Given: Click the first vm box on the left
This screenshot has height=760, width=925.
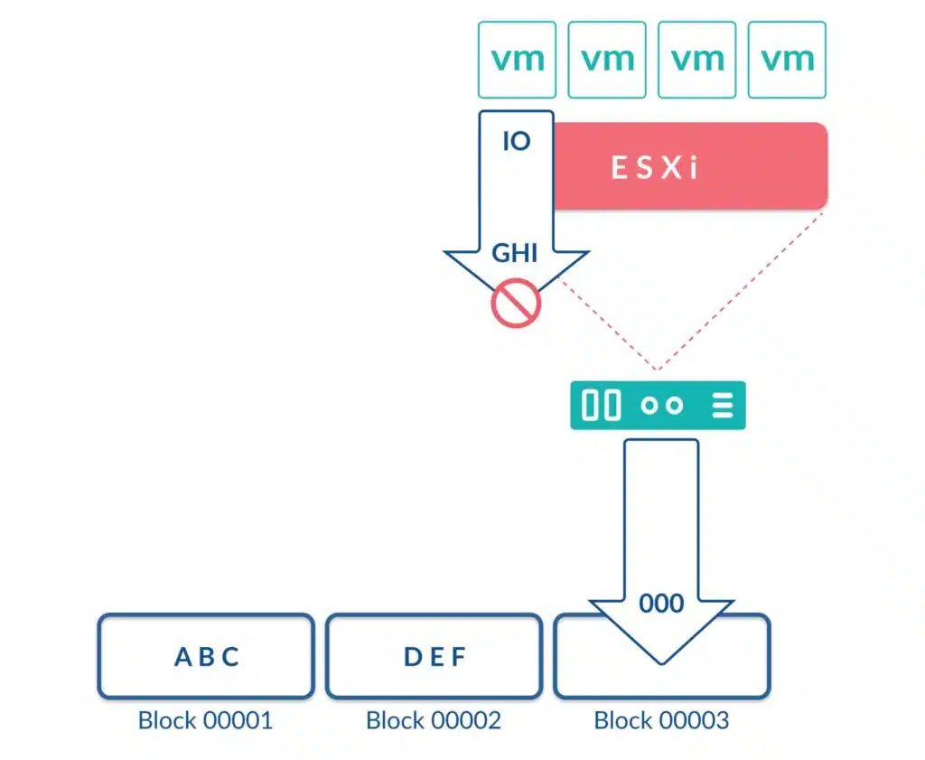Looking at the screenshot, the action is point(517,60).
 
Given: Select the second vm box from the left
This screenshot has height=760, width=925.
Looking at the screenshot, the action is point(607,60).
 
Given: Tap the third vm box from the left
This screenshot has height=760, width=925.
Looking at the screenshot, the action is point(696,60).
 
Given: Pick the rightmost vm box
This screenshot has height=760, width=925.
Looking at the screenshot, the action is point(787,60).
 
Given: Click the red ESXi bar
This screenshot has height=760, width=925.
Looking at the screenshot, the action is point(690,165).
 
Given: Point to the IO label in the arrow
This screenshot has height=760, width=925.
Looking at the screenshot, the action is point(517,141).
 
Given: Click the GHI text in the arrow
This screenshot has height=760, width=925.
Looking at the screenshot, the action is point(515,253).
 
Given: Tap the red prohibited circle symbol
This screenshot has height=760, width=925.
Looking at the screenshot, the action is point(516,303).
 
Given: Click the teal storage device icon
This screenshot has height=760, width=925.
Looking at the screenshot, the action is point(658,406).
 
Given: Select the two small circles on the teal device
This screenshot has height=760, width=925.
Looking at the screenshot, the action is point(662,406).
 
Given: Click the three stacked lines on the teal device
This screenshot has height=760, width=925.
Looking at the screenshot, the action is point(723,406).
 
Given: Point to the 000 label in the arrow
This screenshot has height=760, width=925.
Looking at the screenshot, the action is point(661,603).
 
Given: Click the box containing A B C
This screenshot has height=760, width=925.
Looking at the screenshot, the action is point(206,656).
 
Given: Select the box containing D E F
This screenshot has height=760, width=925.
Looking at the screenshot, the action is point(434,656).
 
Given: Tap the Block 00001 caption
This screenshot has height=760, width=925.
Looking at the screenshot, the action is point(205,720).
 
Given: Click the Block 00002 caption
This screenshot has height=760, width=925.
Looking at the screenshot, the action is point(434,720).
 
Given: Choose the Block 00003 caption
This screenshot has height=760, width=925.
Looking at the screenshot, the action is point(661,720).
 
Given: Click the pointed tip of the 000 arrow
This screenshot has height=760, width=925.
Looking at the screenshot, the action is point(661,664).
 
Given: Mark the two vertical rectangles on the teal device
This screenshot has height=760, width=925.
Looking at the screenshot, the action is point(601,406).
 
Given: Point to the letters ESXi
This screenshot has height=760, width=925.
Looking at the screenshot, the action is point(655,167).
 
